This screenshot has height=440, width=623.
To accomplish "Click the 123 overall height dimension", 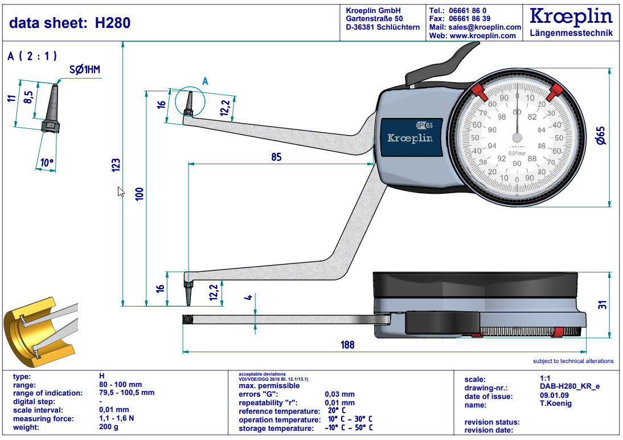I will coord(116,165).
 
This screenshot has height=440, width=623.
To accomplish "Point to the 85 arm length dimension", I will coord(276,157).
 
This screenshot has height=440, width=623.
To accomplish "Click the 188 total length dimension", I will coord(347,344).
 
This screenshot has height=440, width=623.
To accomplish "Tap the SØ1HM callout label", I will coord(84,70).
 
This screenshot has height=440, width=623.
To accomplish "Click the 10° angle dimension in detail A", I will coord(47,163).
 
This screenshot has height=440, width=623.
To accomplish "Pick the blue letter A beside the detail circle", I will coord(206,82).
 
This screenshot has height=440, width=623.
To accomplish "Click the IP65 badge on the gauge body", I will coord(424,125).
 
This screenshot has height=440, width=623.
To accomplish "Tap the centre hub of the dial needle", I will coord(517,137).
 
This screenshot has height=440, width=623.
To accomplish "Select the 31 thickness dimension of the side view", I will coord(602,304).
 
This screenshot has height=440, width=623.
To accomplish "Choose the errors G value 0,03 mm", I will coord(339,394).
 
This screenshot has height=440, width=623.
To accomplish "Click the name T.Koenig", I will coord(555,404).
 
